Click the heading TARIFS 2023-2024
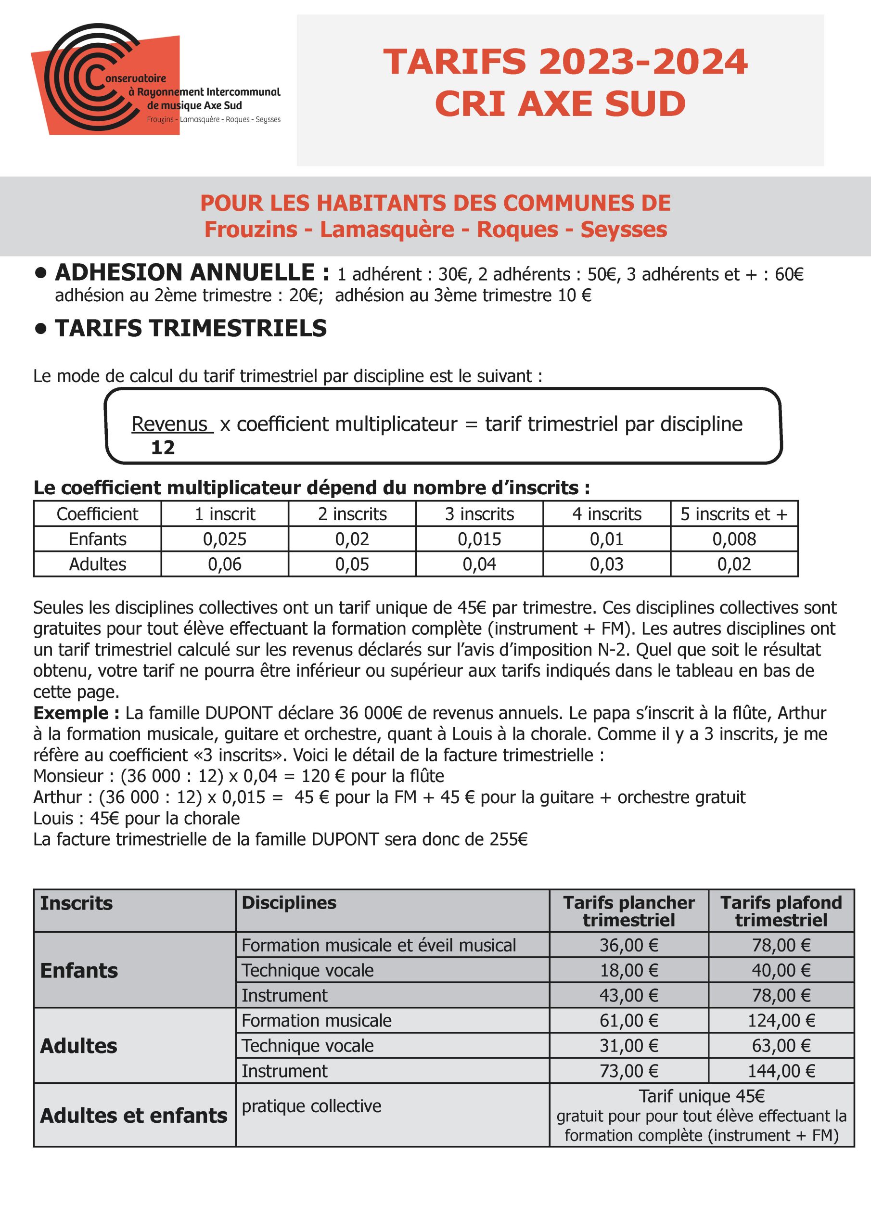coord(564,61)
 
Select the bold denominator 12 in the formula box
coord(163,448)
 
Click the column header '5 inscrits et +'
coord(734,514)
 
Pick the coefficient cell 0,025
coord(224,539)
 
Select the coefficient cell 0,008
coord(734,539)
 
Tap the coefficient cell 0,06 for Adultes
coord(224,564)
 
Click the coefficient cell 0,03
coord(606,564)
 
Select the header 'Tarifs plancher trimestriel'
coord(628,911)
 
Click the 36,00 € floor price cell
coord(628,945)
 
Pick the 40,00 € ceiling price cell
coord(781,970)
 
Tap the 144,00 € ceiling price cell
coord(781,1070)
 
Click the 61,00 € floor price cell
coord(628,1020)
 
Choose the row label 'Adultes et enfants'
coord(134,1115)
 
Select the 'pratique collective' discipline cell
coord(311,1106)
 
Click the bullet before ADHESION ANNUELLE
coord(40,273)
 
